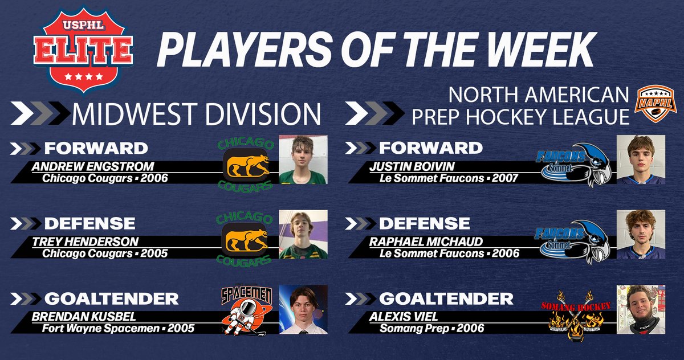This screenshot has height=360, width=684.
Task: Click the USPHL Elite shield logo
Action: tap(84, 52)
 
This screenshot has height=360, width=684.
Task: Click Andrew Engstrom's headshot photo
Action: tap(303, 160)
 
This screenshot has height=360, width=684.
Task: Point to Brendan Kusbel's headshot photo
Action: tap(303, 309)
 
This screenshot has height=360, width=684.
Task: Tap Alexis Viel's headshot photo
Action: tap(641, 309)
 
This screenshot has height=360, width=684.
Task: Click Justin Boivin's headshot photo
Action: tap(641, 160)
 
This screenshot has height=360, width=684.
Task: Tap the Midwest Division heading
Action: tap(196, 113)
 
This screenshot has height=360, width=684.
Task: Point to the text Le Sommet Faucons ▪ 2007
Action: tap(449, 178)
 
